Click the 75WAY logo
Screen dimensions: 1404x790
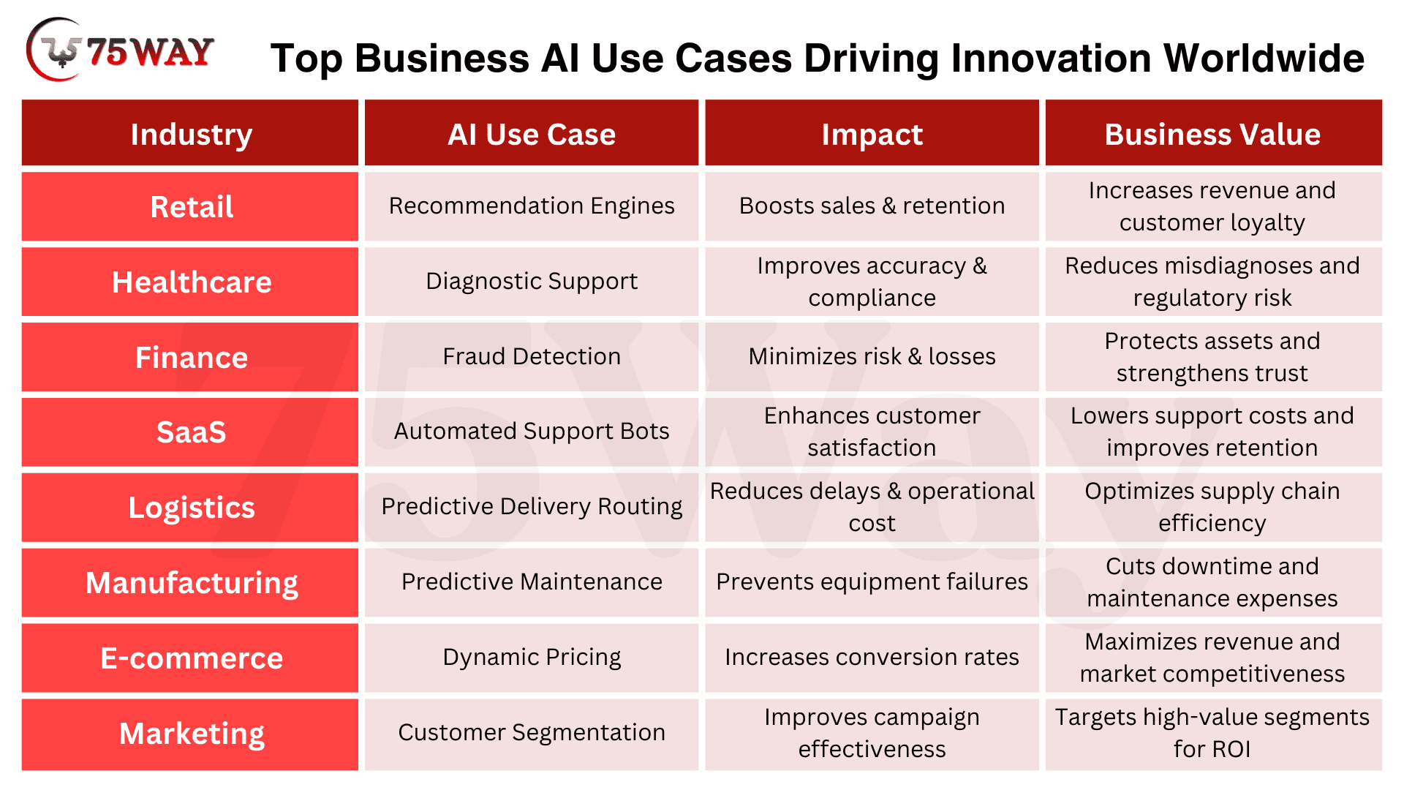pos(120,50)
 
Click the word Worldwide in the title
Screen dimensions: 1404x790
pos(1264,58)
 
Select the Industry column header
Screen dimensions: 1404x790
pos(190,133)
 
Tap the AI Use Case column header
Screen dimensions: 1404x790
pos(532,133)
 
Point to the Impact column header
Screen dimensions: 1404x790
pos(872,133)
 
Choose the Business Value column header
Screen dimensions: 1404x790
pos(1213,133)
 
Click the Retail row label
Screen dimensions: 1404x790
pos(190,206)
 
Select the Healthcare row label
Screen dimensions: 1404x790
pos(190,282)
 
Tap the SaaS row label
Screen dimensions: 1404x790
pos(190,432)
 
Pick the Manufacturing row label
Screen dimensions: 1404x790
pos(190,583)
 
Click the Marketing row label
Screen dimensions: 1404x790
pos(190,734)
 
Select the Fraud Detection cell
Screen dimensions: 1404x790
pos(532,357)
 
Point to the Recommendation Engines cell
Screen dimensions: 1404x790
pos(532,206)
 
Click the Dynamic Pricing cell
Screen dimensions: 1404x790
pos(532,658)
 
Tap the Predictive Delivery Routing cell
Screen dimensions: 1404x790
pos(532,507)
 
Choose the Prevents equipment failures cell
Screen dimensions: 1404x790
pos(872,583)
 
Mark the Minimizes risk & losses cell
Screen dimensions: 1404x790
pos(872,357)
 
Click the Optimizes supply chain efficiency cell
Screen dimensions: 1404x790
pos(1213,507)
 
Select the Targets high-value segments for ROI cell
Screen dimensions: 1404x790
pos(1213,734)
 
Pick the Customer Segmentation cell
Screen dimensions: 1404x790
pos(532,734)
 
